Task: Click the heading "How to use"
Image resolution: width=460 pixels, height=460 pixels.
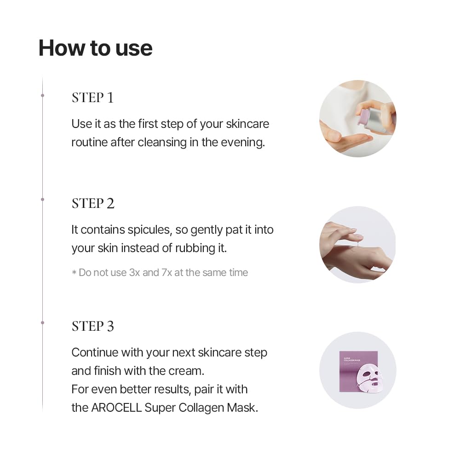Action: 95,48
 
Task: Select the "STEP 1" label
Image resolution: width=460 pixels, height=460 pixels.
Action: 92,98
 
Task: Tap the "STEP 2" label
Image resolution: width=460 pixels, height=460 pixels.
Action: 93,203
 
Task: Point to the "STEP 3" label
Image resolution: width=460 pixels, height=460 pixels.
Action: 93,326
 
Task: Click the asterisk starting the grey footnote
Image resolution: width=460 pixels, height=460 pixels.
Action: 74,273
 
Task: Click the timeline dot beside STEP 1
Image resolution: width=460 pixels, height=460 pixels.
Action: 42,95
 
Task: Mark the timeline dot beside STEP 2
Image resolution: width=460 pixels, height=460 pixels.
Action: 42,199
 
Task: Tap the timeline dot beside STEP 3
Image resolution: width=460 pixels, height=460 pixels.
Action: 42,322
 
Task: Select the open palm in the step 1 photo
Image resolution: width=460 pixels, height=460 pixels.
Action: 343,140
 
